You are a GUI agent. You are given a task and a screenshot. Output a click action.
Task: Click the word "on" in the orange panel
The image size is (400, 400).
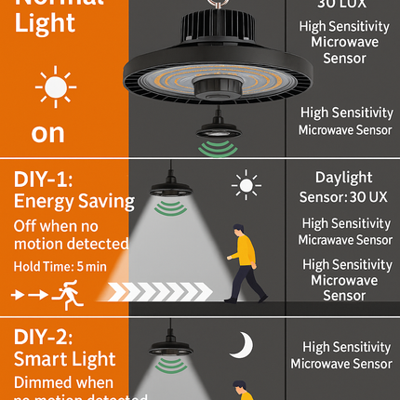[47, 132]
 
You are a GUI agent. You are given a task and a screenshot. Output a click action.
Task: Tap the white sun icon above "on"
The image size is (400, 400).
[55, 88]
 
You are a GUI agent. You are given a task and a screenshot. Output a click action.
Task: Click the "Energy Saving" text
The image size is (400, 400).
[73, 201]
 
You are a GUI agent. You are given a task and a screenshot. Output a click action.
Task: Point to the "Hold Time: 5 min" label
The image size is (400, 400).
[59, 267]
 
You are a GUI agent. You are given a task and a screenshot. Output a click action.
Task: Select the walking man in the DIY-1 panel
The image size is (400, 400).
[241, 262]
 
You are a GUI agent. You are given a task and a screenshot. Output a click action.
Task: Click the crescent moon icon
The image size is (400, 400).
[243, 343]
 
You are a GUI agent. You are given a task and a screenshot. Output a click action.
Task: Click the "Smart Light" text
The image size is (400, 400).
[64, 359]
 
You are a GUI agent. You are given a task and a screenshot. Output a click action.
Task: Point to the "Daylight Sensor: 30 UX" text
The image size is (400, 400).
[343, 185]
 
